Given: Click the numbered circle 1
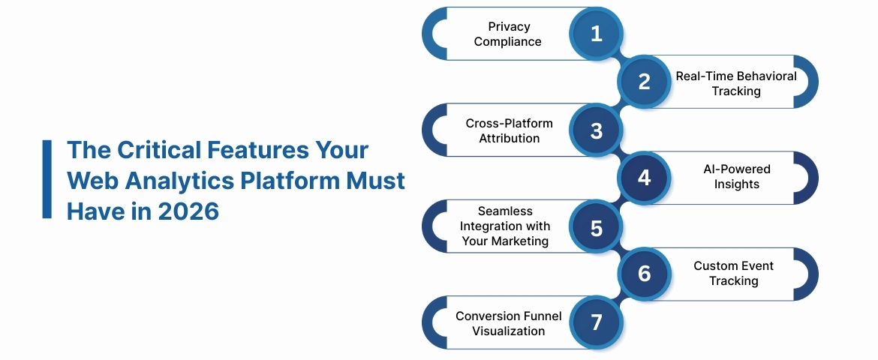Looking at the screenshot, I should (x=596, y=34).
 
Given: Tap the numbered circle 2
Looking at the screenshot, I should (x=644, y=82).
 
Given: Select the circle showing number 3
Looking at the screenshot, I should (x=596, y=130).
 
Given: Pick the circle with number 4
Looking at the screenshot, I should (x=644, y=178).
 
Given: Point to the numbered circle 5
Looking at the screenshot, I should (x=596, y=226).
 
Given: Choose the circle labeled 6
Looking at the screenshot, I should (x=644, y=274).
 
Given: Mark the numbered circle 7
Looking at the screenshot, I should (x=596, y=322).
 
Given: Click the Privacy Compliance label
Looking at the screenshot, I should (x=507, y=34).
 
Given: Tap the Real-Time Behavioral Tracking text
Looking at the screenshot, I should (x=736, y=83).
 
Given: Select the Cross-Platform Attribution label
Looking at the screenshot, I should (x=509, y=130).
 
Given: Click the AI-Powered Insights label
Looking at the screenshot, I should (x=736, y=176).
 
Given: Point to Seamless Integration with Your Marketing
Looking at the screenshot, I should (x=505, y=226).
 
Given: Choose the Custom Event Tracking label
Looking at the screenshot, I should (x=733, y=273).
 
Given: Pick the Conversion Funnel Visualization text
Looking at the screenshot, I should (x=508, y=323).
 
